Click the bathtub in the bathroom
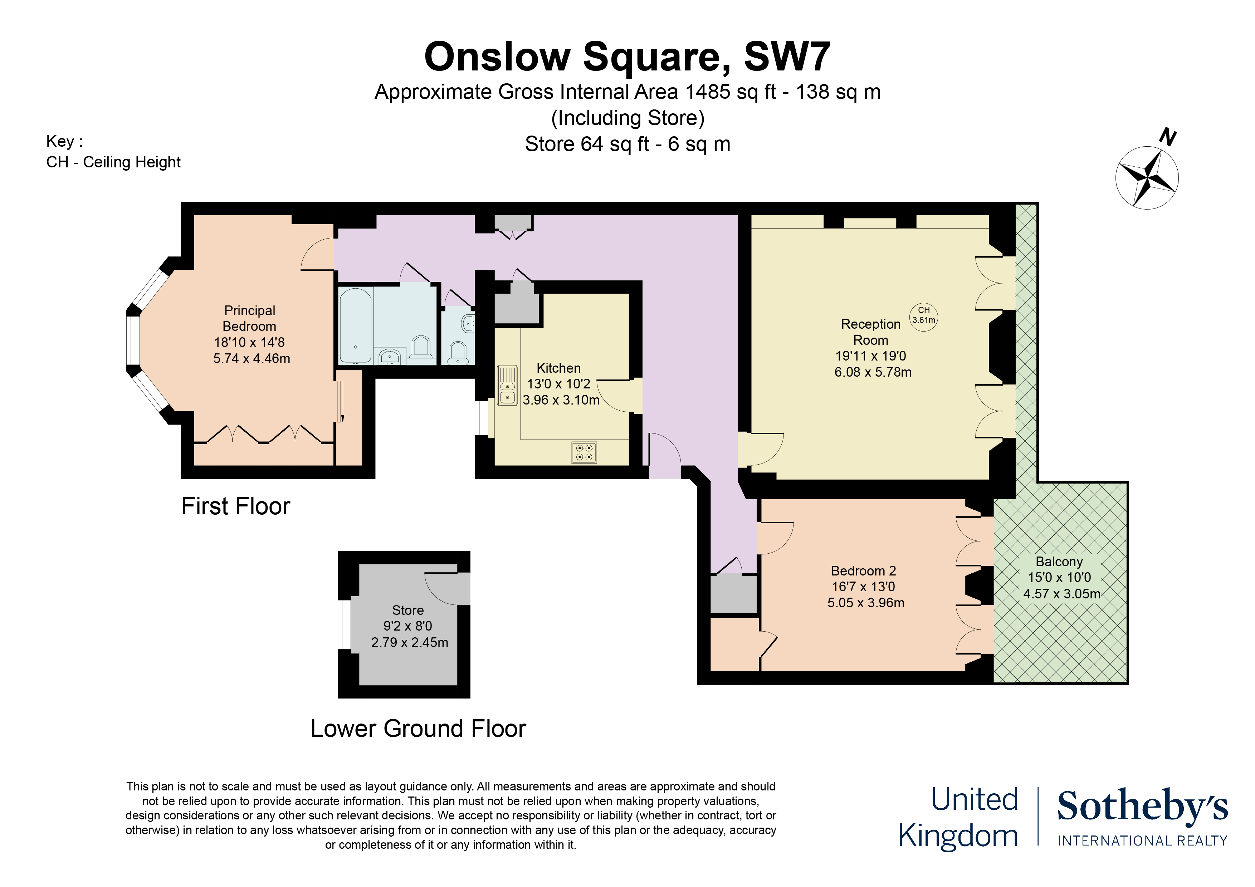pyautogui.click(x=356, y=326)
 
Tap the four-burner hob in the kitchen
pyautogui.click(x=584, y=452)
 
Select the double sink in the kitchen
pyautogui.click(x=508, y=386)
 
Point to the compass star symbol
pyautogui.click(x=1147, y=178)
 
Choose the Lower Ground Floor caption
pyautogui.click(x=418, y=729)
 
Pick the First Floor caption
pyautogui.click(x=236, y=506)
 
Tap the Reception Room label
pyautogui.click(x=871, y=332)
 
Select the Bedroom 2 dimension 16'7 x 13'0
pyautogui.click(x=864, y=587)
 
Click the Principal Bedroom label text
pyautogui.click(x=249, y=318)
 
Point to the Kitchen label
pyautogui.click(x=558, y=368)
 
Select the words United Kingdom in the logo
pyautogui.click(x=958, y=818)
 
